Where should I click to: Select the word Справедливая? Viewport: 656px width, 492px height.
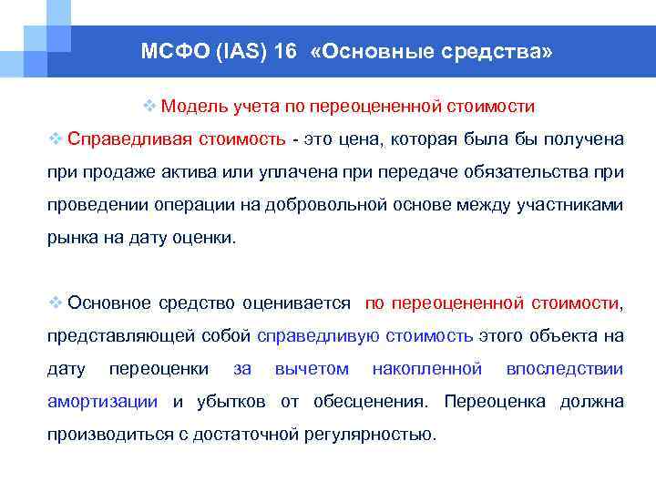point(122,138)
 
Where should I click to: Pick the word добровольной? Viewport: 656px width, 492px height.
point(328,204)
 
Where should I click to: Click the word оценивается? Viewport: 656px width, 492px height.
point(304,302)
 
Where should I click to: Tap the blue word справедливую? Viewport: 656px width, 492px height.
point(317,335)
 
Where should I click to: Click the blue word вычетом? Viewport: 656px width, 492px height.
point(312,368)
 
